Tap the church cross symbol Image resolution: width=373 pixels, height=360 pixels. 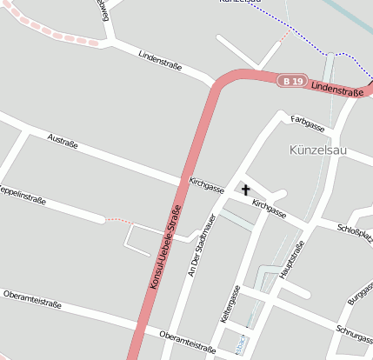coord(245,190)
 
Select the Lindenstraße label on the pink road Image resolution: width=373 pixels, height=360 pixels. coord(336,90)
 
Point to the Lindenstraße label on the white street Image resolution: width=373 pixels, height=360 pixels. coord(163,62)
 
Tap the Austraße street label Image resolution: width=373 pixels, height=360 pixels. coord(64,141)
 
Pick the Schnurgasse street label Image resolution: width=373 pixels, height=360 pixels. coord(353,334)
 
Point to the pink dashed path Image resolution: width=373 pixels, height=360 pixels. coord(52,31)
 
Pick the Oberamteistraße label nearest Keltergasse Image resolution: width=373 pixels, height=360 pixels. coord(187,340)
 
